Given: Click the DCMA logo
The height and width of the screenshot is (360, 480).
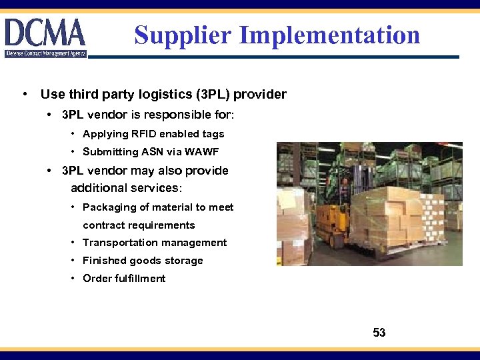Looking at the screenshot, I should point(45,37).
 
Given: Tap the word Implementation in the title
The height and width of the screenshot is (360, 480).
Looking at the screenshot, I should point(330,35).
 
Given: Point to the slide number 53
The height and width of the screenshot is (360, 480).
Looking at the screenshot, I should point(379,333).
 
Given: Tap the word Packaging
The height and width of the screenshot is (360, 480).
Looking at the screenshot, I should point(107,207).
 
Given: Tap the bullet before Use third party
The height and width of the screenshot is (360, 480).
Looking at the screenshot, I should point(25,94).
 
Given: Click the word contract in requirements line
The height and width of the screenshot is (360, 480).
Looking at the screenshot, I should point(103,225).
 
